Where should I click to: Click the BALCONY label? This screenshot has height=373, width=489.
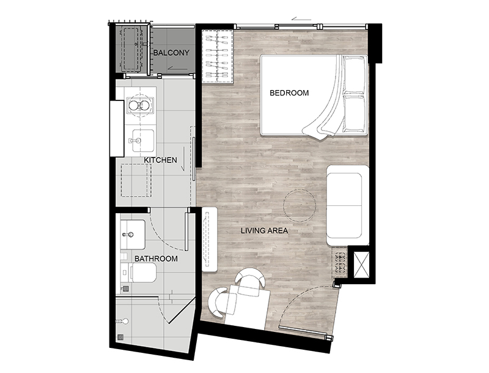pos(171,53)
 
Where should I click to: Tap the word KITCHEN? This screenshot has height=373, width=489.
pos(160,160)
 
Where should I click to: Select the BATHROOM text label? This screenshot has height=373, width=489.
pos(156,258)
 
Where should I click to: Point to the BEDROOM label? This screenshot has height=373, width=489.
pos(289,92)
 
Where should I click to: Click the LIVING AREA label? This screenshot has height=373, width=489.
pos(264,231)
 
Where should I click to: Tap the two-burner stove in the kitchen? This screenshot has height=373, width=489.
pos(140,105)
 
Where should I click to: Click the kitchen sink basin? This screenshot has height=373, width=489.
pos(143,141)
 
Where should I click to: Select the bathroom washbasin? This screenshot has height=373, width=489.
pos(133,235)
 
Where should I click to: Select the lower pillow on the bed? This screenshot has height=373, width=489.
pos(354,114)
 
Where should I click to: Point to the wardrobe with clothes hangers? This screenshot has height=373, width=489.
pos(218,57)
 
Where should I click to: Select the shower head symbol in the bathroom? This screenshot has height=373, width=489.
pos(122,321)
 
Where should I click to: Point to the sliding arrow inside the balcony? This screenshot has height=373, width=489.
pos(177,69)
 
